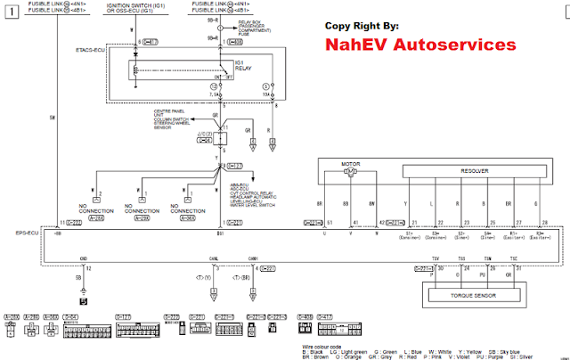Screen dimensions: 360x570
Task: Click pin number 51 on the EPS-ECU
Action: (330, 222)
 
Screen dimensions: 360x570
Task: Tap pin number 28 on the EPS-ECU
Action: (544, 222)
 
